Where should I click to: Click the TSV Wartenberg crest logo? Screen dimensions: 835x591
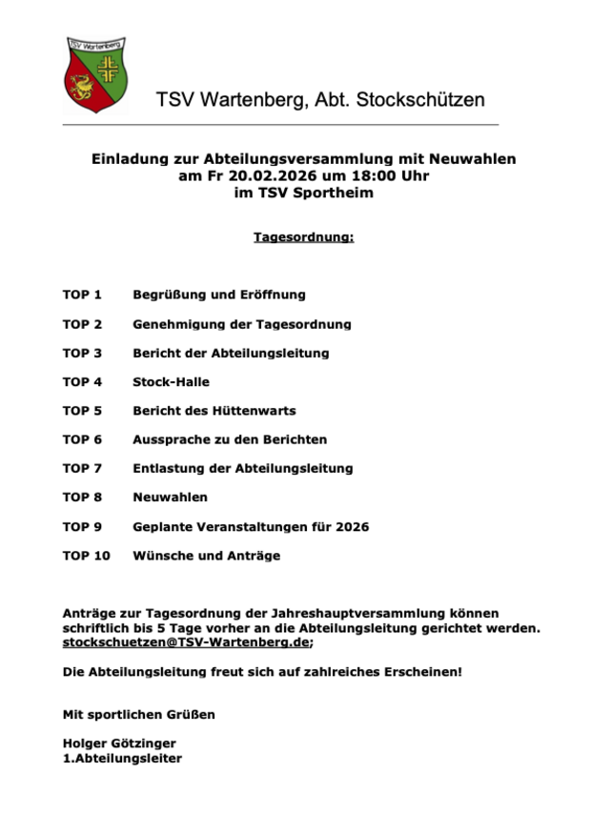tap(96, 74)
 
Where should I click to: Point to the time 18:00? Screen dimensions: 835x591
tap(358, 175)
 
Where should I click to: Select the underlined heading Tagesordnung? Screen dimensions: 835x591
tap(303, 236)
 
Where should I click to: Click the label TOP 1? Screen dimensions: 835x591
tap(82, 295)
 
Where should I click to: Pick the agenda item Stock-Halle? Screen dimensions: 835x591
tap(171, 381)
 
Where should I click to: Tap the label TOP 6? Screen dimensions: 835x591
tap(82, 439)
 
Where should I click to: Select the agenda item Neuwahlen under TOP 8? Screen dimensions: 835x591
tap(170, 497)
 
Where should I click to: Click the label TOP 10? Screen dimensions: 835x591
tap(86, 555)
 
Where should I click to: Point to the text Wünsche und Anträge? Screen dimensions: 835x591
tap(206, 555)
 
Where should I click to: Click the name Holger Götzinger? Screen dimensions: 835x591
tap(119, 743)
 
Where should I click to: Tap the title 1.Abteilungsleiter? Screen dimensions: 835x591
tap(122, 759)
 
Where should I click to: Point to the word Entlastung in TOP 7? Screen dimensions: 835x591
tap(169, 468)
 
